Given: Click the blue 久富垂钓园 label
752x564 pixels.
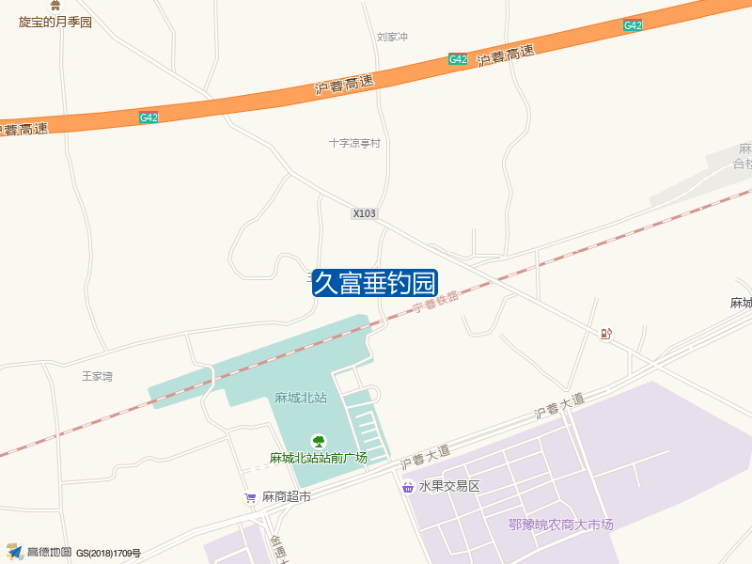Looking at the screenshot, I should (375, 282).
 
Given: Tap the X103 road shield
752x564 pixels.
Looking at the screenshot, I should (364, 213).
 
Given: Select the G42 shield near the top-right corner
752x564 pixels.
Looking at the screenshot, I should (633, 26).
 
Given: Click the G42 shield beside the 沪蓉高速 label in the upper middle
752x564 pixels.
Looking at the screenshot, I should (458, 59).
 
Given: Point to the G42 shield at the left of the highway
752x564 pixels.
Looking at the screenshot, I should (149, 117).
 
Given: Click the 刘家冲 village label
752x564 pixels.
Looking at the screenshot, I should (392, 38).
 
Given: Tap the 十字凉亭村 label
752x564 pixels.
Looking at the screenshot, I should (354, 144).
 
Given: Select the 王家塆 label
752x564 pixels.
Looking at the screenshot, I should (97, 376).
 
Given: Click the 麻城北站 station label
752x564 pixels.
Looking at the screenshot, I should (300, 398).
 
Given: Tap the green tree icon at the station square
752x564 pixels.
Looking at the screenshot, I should (319, 441).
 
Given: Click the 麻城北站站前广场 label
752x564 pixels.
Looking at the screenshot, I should (318, 459).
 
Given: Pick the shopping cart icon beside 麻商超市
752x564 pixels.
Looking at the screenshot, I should (250, 496).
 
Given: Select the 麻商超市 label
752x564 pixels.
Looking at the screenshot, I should (286, 496).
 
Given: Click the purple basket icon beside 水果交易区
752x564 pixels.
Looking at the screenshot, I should (408, 487).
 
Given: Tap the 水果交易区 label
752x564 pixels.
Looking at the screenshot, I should (449, 487).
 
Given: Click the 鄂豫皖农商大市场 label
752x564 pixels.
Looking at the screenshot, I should (560, 525).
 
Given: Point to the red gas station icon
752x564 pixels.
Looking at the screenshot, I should (606, 334).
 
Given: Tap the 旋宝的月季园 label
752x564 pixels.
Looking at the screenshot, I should (55, 22).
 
